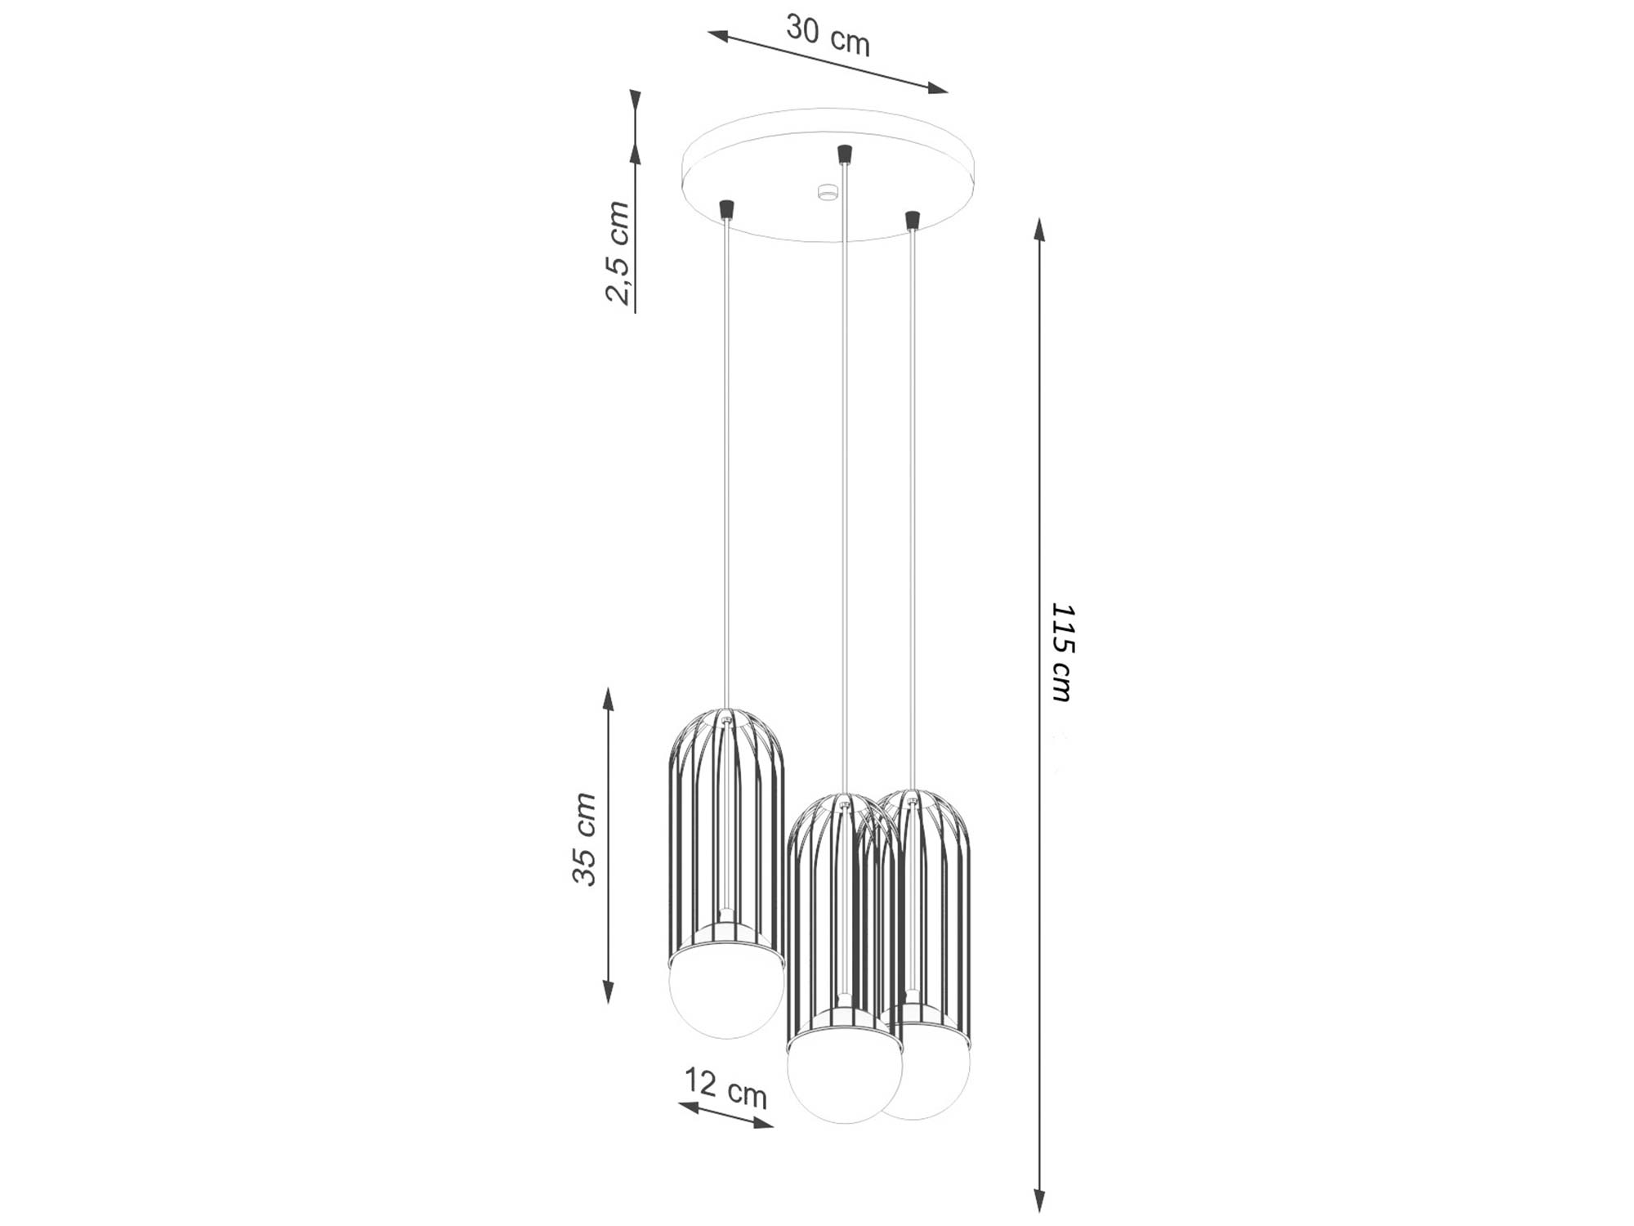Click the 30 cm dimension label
click(x=828, y=35)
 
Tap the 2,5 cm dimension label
click(x=618, y=253)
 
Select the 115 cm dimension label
click(x=1061, y=653)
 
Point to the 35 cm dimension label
click(x=585, y=839)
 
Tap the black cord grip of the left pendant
click(x=725, y=209)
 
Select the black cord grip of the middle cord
click(x=844, y=154)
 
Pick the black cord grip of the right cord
click(x=912, y=221)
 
